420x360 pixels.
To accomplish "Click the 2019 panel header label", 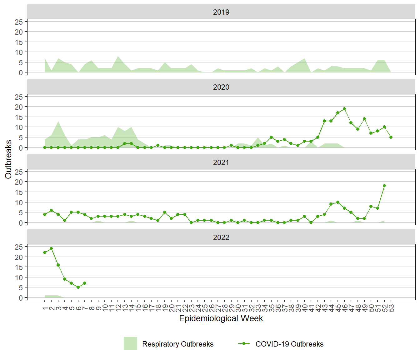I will click(221, 12).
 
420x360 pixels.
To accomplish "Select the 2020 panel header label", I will click(221, 87).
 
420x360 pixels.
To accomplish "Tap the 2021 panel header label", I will click(221, 162).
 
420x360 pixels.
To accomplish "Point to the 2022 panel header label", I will click(221, 237).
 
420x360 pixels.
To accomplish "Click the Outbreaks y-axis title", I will click(8, 159).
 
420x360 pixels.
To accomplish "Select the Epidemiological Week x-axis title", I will click(221, 318).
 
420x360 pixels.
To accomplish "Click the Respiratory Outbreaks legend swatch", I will click(130, 343).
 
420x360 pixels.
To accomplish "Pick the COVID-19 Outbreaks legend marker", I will click(244, 343).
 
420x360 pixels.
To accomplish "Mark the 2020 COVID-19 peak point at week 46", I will click(344, 109).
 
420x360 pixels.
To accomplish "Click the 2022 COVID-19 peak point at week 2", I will click(51, 248).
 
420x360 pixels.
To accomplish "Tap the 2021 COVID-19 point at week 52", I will click(384, 186).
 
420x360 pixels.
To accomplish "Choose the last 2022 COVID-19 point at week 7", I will click(85, 283).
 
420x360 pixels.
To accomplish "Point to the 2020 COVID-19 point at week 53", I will click(391, 137).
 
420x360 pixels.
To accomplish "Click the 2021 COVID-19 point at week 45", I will click(338, 202).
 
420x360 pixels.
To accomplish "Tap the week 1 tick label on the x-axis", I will click(45, 308).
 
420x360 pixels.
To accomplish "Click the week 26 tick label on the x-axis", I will click(212, 308).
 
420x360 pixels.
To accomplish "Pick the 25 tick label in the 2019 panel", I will click(19, 22).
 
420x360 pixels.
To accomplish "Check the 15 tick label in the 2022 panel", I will click(19, 267).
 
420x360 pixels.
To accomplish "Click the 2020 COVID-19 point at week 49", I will click(364, 119).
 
